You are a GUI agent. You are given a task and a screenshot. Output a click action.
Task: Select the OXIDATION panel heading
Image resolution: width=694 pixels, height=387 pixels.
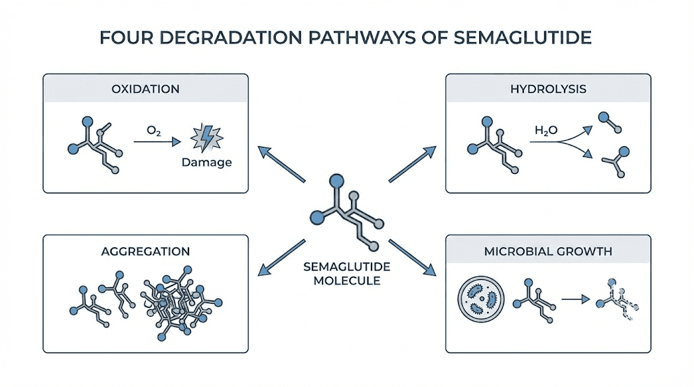pos(145,89)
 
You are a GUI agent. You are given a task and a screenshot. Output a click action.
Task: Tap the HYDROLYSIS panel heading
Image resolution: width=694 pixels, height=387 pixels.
pos(548,89)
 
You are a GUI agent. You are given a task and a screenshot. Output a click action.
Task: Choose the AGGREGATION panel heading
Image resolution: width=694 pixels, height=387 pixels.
pos(145,251)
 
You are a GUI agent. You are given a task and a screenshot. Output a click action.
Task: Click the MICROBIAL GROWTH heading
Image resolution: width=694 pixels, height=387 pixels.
pos(548,251)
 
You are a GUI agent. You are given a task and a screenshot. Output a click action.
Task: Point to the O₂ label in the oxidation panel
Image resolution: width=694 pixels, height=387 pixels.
pos(152,129)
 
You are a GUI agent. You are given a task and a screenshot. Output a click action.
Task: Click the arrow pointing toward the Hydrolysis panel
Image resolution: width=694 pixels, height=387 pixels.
pos(413,164)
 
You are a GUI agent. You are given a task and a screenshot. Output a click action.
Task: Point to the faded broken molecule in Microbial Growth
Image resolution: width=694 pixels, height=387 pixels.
pos(617,300)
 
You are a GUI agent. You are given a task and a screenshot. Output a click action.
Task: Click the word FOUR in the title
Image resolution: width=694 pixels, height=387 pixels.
pos(124,37)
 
